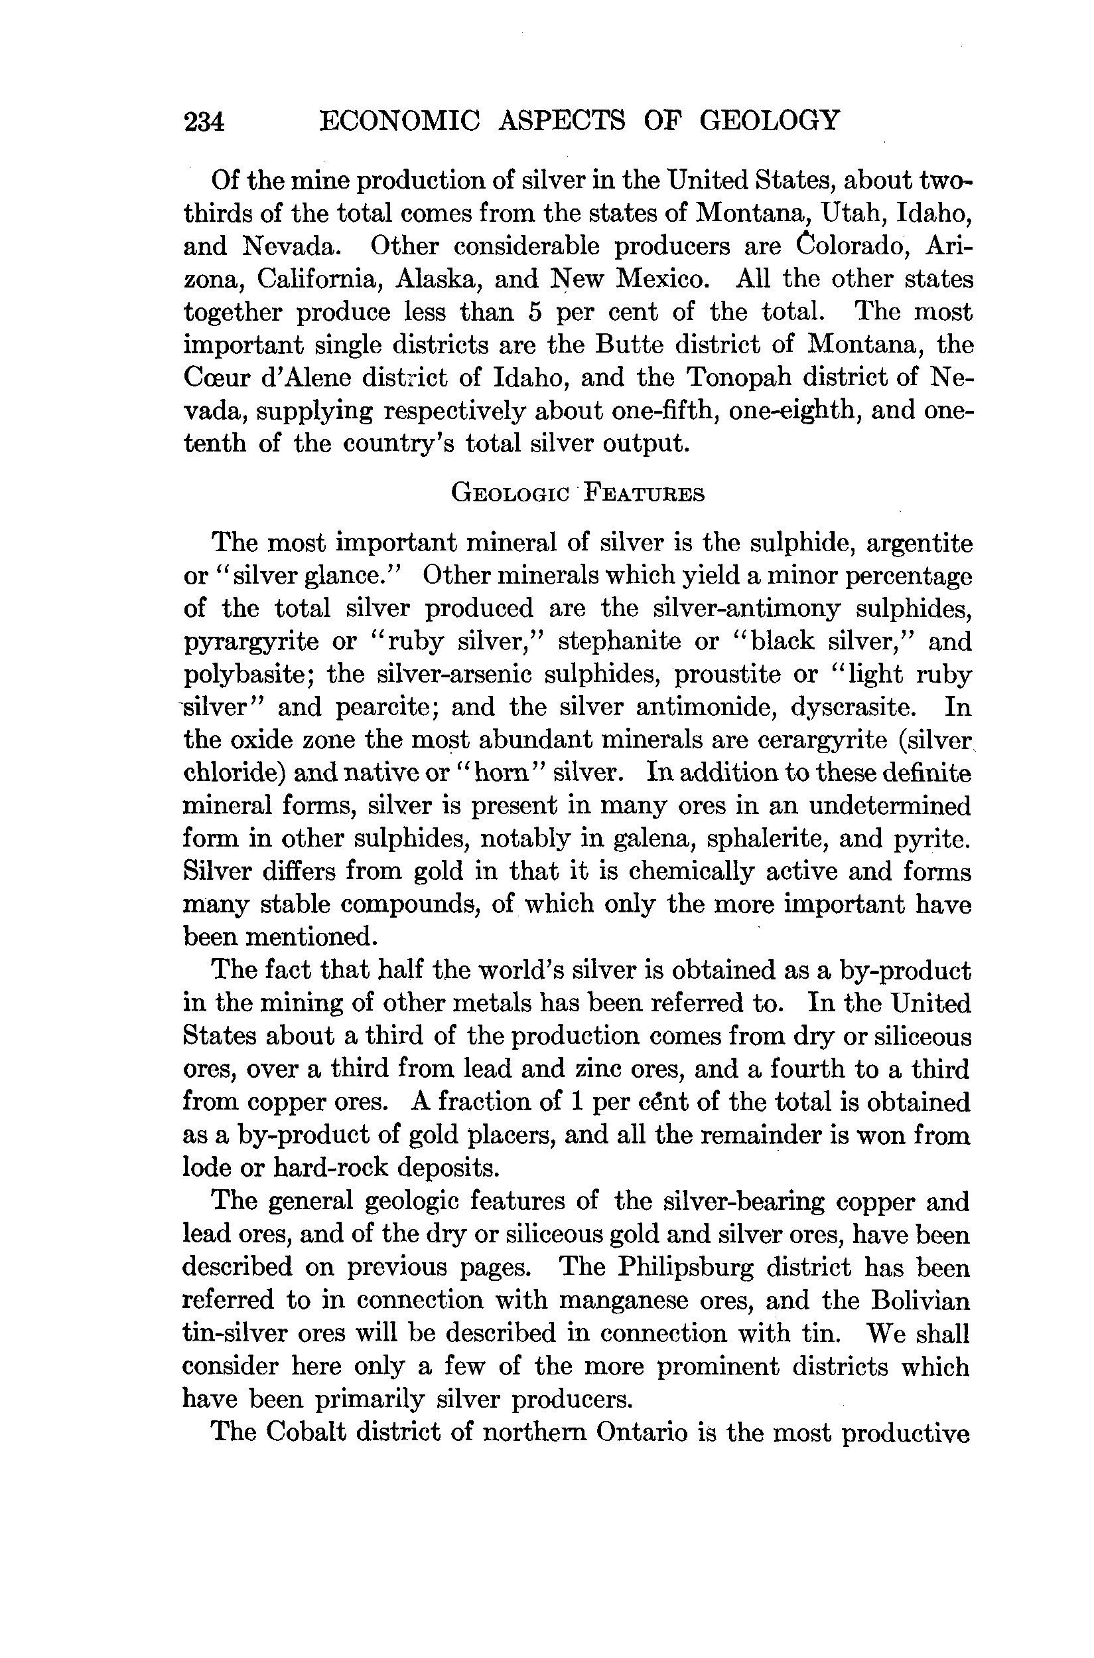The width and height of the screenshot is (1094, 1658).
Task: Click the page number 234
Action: (204, 122)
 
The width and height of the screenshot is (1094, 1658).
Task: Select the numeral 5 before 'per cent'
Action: (535, 311)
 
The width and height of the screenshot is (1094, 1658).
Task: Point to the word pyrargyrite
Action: (252, 641)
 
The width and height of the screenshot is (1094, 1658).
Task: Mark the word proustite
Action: (728, 675)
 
